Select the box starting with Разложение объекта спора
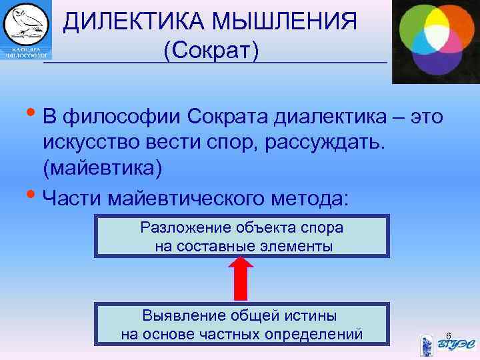click(242, 237)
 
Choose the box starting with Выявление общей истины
click(242, 324)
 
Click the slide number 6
click(448, 335)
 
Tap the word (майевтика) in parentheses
click(102, 168)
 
